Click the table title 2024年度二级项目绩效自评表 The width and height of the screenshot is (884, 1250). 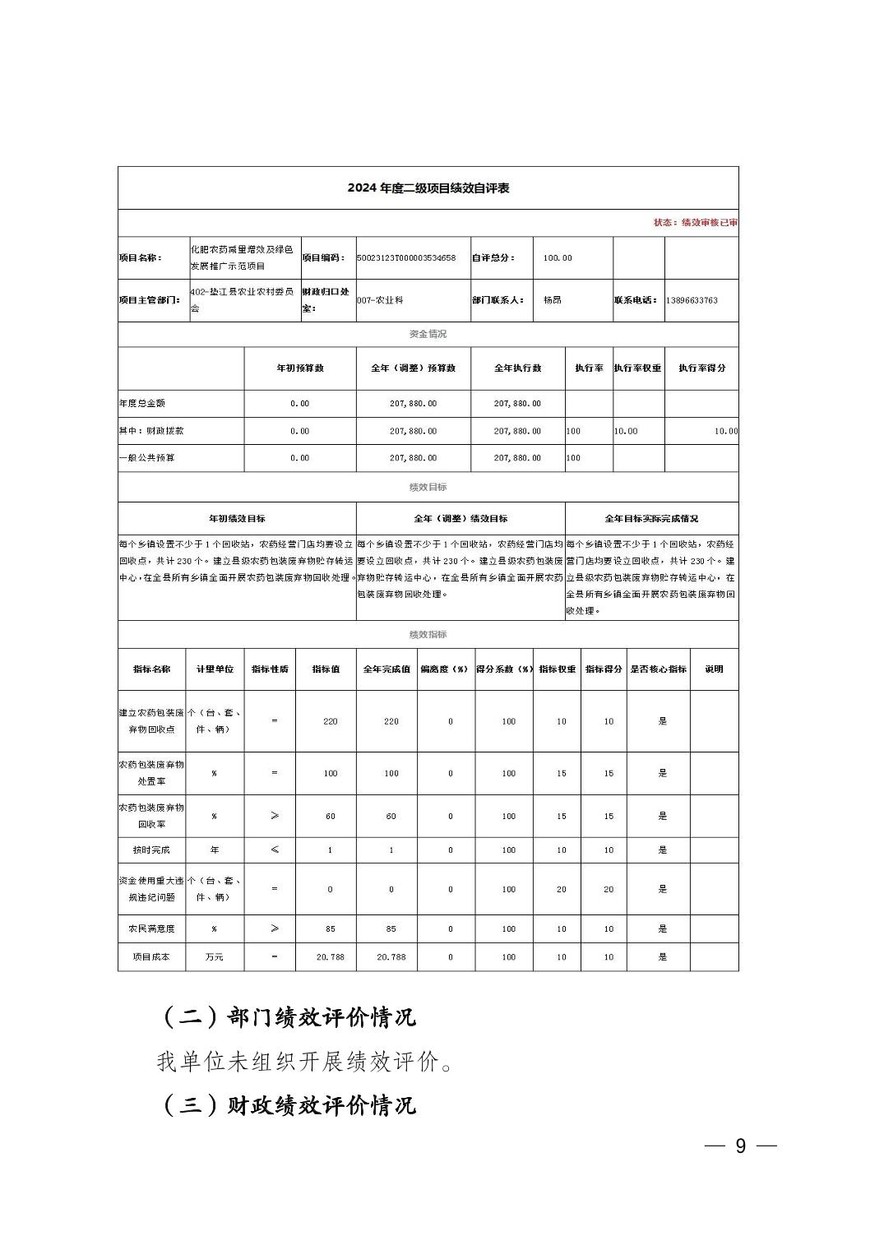[428, 188]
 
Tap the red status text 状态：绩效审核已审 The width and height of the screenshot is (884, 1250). [695, 223]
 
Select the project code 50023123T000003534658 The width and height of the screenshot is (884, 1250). [406, 258]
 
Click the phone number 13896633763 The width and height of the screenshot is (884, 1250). [692, 300]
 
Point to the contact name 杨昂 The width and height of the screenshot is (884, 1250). [552, 300]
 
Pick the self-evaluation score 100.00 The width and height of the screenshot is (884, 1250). [558, 258]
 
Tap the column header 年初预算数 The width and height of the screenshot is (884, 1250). [300, 368]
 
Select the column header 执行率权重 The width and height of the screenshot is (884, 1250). [637, 368]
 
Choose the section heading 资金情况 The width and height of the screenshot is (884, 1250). [428, 334]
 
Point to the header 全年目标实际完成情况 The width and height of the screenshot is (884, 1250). [651, 519]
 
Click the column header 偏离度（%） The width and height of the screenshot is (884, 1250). [444, 669]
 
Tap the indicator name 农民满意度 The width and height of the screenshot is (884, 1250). [151, 929]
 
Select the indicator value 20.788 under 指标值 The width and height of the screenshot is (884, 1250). [330, 957]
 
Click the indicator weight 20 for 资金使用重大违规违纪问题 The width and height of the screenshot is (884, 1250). [562, 889]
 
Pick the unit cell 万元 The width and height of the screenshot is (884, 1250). [214, 957]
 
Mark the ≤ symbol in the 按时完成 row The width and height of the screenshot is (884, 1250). [275, 850]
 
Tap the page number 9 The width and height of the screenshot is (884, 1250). [740, 1146]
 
